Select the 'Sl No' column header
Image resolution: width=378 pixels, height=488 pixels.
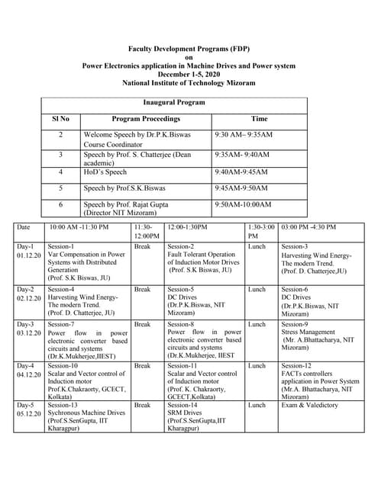[60, 120]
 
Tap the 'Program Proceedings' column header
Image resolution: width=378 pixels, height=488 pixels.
[146, 120]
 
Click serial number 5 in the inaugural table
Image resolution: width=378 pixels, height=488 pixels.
[60, 188]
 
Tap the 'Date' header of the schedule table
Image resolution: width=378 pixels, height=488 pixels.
[24, 227]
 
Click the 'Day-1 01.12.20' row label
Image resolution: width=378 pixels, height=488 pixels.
[27, 252]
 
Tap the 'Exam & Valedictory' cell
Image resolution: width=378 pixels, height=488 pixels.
[310, 405]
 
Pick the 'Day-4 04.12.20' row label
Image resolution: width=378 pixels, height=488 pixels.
[27, 370]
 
